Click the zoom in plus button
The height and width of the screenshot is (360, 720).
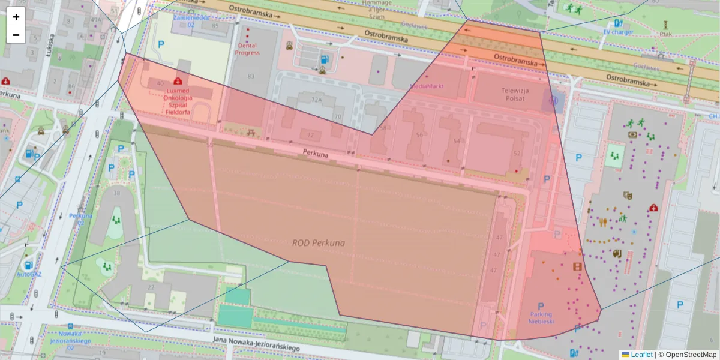pos(16,17)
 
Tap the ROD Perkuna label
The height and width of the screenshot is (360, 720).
pos(318,243)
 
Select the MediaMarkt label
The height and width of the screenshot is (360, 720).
pos(427,86)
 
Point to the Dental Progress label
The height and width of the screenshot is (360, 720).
pos(247,49)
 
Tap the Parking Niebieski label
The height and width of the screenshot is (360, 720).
pos(541,317)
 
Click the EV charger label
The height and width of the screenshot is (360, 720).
pos(618,32)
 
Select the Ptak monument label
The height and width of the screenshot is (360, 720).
pos(665,34)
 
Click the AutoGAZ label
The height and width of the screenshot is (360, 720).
pos(28,274)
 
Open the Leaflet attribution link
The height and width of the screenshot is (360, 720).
pos(641,355)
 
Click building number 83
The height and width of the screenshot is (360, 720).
pos(250,76)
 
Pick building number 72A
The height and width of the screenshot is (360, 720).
pos(317,100)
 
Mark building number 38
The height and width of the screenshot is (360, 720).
pos(116,193)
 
